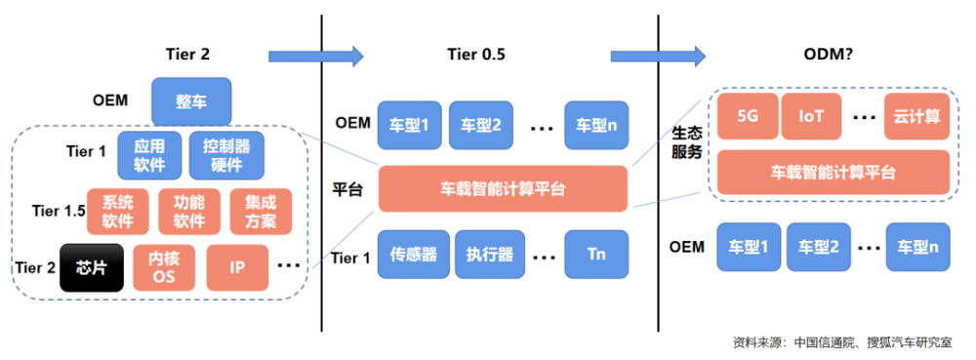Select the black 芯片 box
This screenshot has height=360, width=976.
[x=93, y=266]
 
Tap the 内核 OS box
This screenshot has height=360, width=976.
[x=164, y=266]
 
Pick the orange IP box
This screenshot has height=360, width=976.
[x=237, y=266]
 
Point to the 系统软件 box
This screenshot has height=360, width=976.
[x=117, y=211]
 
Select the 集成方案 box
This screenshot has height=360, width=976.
[x=260, y=211]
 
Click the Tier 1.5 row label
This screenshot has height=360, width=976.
[x=53, y=210]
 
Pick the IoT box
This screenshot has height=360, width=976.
[x=811, y=116]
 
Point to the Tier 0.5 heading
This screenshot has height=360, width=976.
[x=475, y=56]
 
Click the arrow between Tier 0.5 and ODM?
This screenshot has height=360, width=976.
[x=658, y=55]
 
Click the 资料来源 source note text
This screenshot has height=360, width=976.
[x=846, y=342]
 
